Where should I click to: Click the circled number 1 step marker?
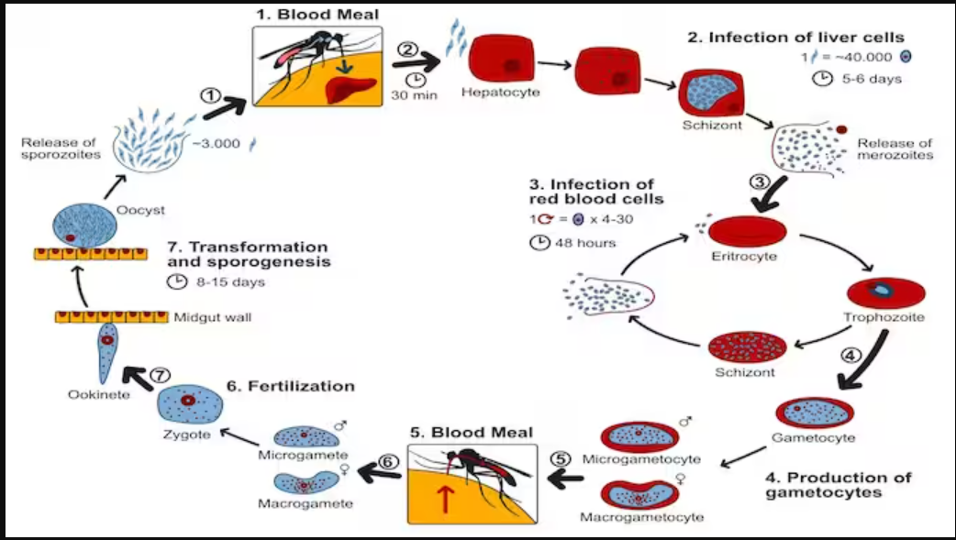pyautogui.click(x=211, y=94)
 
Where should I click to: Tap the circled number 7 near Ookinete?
pyautogui.click(x=160, y=376)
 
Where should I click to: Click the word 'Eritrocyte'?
pyautogui.click(x=744, y=256)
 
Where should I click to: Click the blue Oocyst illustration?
pyautogui.click(x=83, y=224)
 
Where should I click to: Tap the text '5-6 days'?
pyautogui.click(x=871, y=78)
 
